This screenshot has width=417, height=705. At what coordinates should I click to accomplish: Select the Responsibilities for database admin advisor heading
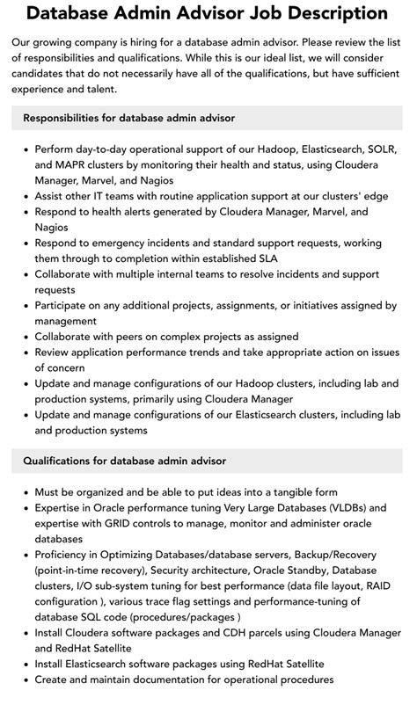(x=128, y=117)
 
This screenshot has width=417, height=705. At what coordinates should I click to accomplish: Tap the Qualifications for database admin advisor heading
(x=124, y=460)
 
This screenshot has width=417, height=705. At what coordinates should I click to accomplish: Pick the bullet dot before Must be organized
(x=26, y=492)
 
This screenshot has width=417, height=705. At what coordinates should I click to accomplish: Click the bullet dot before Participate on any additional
(x=26, y=306)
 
